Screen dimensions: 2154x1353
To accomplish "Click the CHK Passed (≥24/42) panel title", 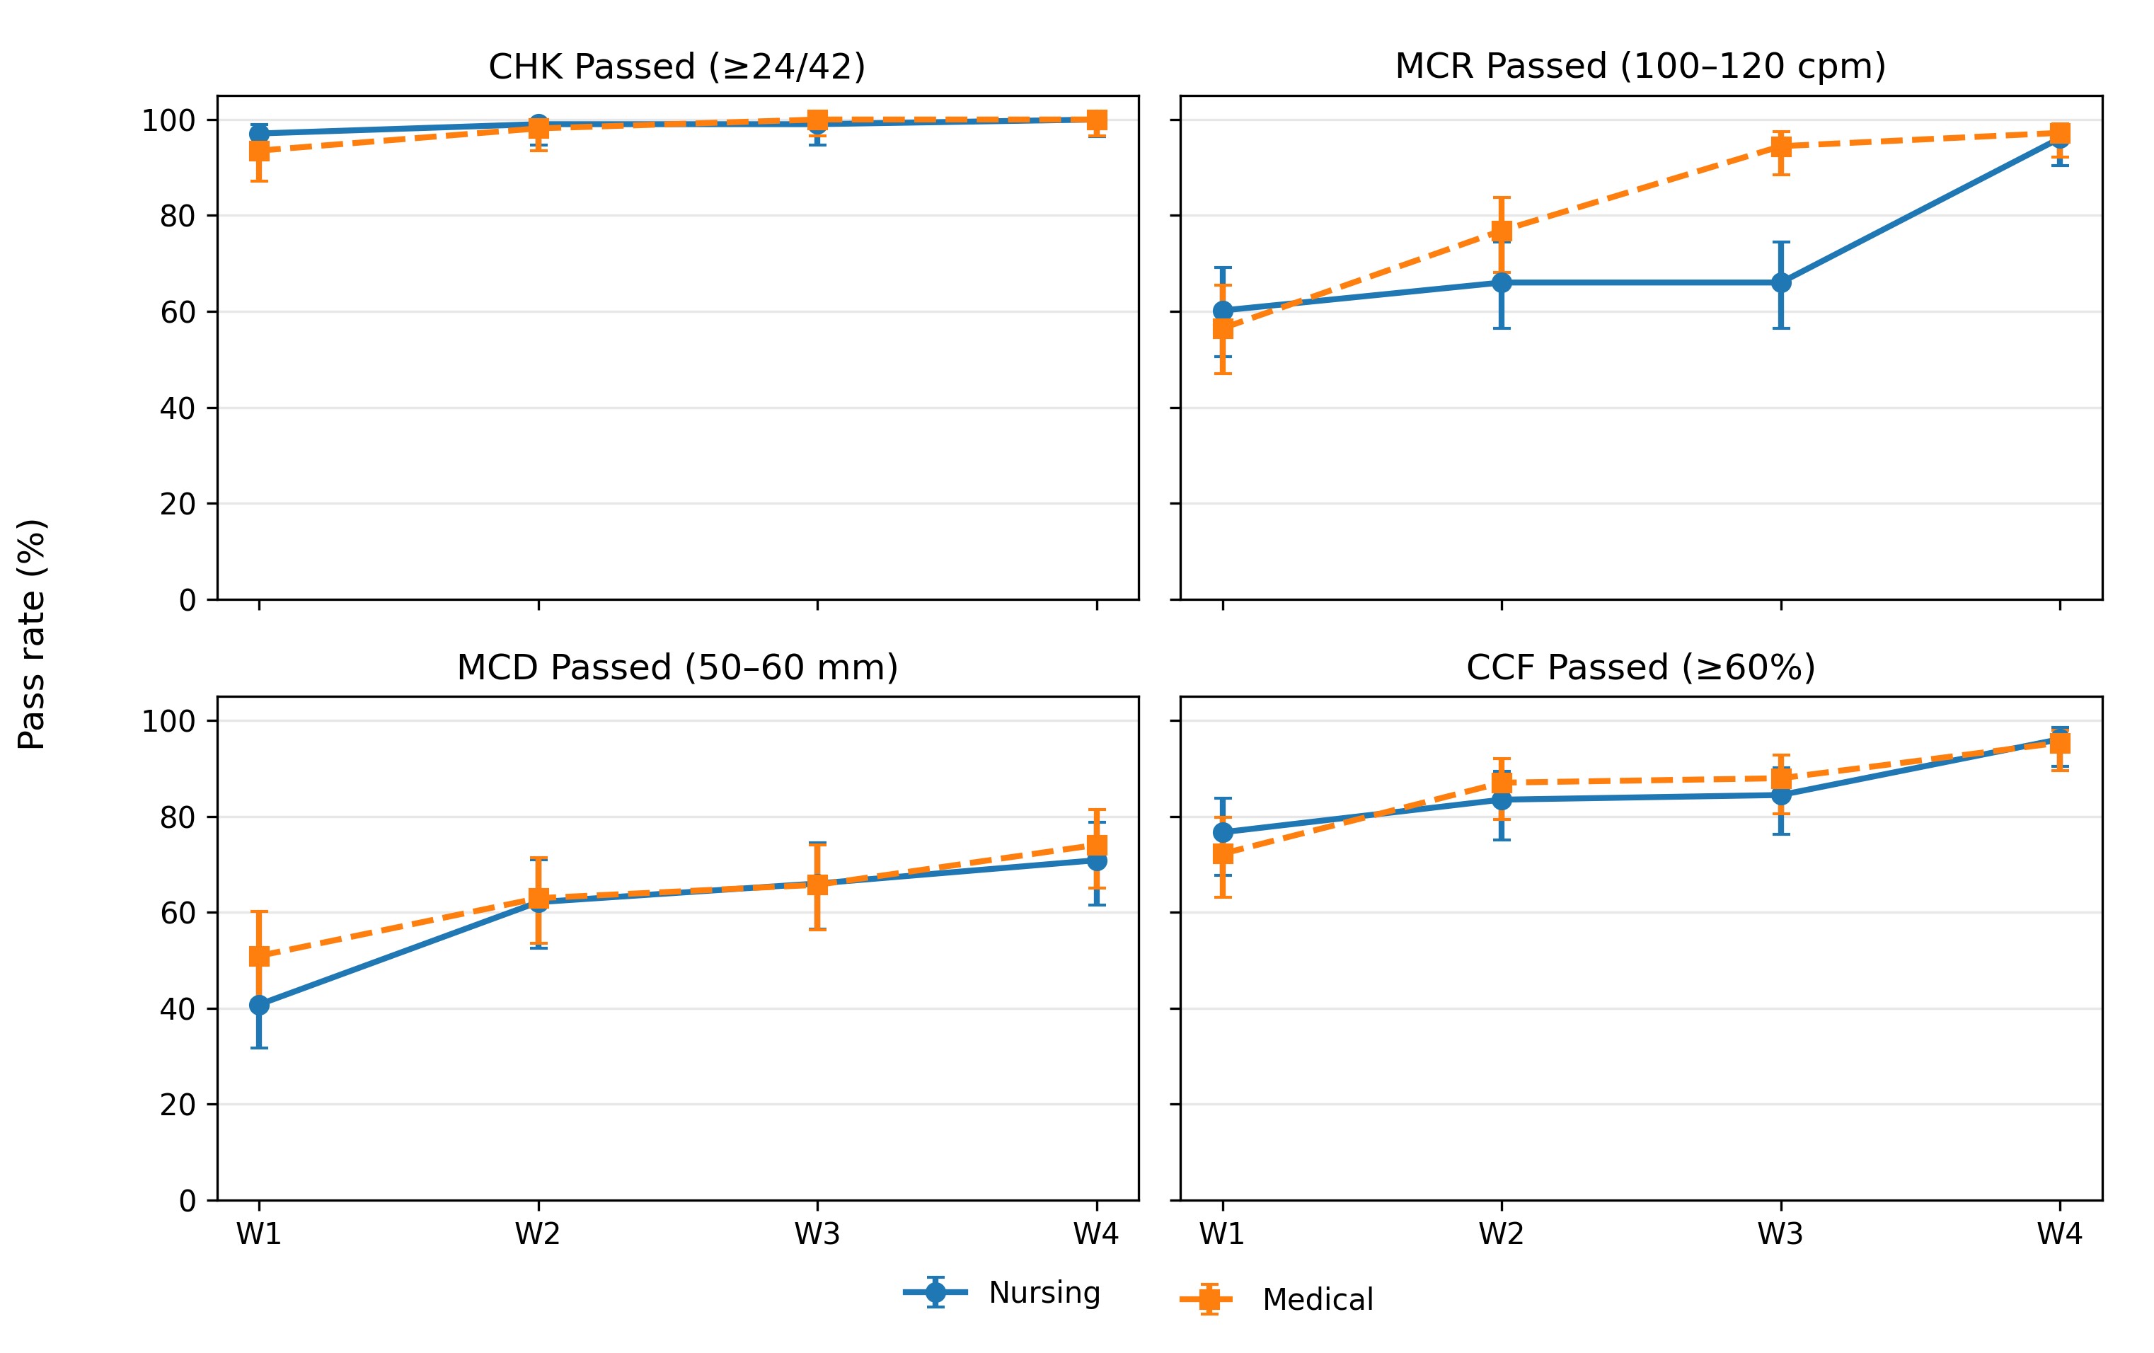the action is click(x=676, y=67).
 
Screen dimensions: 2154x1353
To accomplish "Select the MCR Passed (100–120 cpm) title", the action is click(x=1640, y=67).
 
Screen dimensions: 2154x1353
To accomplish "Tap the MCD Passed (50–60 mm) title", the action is click(x=677, y=668).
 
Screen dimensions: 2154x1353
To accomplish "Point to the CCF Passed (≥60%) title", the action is click(x=1640, y=668).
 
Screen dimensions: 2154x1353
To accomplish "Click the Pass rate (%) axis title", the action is click(x=33, y=634).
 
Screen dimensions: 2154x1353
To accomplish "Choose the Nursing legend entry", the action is click(x=1002, y=1292).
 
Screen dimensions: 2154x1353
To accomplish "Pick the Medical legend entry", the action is click(x=1277, y=1299).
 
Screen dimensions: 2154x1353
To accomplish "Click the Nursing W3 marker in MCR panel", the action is click(x=1781, y=282).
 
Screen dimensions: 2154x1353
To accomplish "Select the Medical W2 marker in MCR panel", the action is click(x=1502, y=231).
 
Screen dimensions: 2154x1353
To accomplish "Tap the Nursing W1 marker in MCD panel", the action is click(x=260, y=1004).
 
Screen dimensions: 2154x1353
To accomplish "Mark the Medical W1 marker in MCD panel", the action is click(x=260, y=956).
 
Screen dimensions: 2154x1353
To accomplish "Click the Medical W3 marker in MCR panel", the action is click(x=1781, y=146).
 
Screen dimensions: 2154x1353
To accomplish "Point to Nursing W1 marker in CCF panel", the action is click(x=1223, y=833).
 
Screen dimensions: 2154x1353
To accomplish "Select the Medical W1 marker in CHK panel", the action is click(x=260, y=150).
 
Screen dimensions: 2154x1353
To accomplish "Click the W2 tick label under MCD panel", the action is click(x=538, y=1234).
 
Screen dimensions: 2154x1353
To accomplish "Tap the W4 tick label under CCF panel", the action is click(x=2060, y=1234).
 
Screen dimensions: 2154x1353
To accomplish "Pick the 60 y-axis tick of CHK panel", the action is click(x=177, y=312).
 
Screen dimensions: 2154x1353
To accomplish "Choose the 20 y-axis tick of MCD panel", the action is click(x=177, y=1105).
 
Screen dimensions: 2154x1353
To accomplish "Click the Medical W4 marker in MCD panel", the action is click(x=1097, y=845).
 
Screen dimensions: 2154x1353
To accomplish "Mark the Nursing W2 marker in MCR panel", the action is click(x=1502, y=282).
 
